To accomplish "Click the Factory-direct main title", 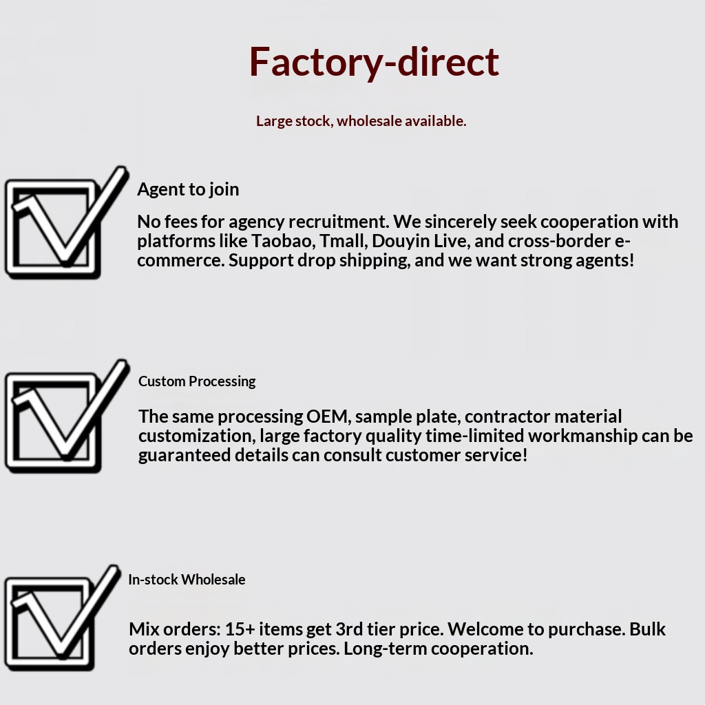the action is point(374,62).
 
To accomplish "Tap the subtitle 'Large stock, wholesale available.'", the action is point(361,121).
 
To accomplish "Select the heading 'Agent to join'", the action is point(188,189).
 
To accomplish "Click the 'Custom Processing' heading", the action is point(197,381).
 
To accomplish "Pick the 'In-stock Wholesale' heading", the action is point(187,580).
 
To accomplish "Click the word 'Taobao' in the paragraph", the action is point(283,241).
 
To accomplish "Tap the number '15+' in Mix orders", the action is point(240,629).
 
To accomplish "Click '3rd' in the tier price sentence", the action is point(349,629).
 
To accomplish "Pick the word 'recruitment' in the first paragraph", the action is point(339,222).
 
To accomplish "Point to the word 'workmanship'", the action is point(582,436).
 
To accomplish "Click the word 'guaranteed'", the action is point(185,456).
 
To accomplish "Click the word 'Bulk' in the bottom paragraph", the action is point(647,629).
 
